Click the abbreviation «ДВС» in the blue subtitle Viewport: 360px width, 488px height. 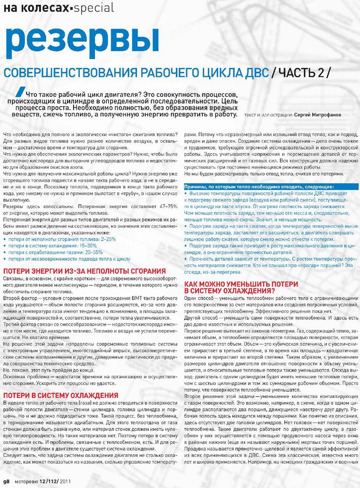255,74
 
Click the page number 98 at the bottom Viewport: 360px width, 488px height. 6,481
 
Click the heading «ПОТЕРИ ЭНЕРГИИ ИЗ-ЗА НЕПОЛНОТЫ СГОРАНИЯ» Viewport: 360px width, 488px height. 84,272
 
